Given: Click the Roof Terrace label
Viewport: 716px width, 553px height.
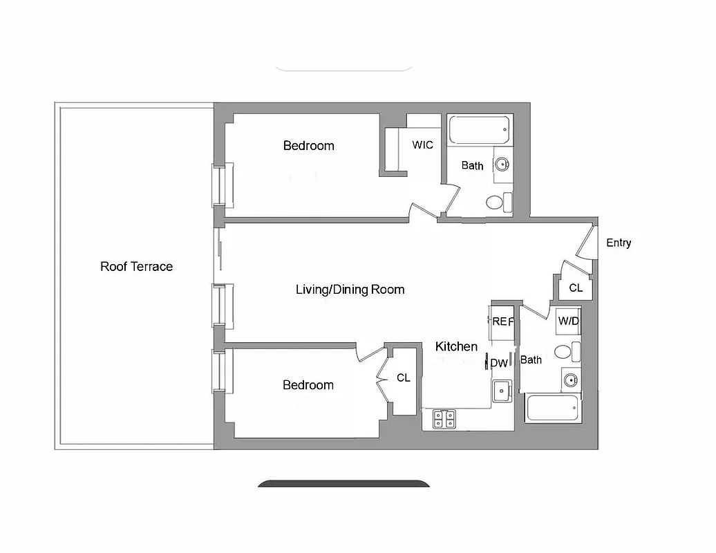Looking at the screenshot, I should tap(136, 266).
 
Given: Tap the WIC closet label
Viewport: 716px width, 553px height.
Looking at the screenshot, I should tap(422, 145).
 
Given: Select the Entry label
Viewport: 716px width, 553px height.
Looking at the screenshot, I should tap(619, 243).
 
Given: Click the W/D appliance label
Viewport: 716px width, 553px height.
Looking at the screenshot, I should tap(568, 321).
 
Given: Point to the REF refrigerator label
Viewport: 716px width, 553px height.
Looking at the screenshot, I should tap(502, 321).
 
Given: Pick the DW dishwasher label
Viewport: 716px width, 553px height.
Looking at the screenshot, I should tap(499, 364).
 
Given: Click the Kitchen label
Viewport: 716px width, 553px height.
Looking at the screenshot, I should tap(456, 346).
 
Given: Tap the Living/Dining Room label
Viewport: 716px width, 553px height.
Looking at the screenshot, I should tap(350, 289).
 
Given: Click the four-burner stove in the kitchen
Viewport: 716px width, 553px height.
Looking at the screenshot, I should tap(444, 418).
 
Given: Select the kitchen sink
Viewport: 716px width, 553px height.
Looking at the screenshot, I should tap(501, 391).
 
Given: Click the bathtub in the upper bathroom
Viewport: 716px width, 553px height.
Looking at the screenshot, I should tap(480, 129).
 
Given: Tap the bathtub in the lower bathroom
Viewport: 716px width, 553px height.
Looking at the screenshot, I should tap(552, 408).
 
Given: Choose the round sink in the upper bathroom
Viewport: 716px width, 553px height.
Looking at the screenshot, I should tap(501, 165).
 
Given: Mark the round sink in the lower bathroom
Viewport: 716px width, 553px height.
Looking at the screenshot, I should tap(569, 379).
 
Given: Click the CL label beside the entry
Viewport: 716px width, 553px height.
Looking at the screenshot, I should tap(575, 288).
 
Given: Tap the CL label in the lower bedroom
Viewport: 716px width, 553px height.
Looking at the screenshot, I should tap(403, 378).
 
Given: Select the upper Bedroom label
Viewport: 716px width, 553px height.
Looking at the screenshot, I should tap(308, 145).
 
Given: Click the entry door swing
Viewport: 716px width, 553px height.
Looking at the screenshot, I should tap(585, 243).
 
